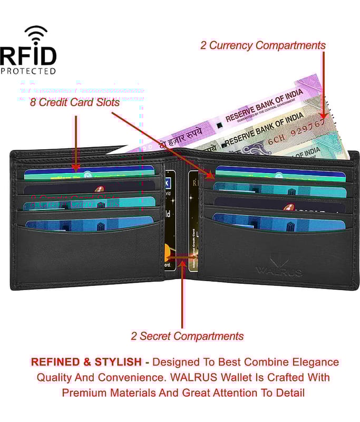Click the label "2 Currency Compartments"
262,45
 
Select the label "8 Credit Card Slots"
74,103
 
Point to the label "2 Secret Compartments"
187,336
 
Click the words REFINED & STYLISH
86,362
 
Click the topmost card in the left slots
90,171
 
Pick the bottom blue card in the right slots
279,223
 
